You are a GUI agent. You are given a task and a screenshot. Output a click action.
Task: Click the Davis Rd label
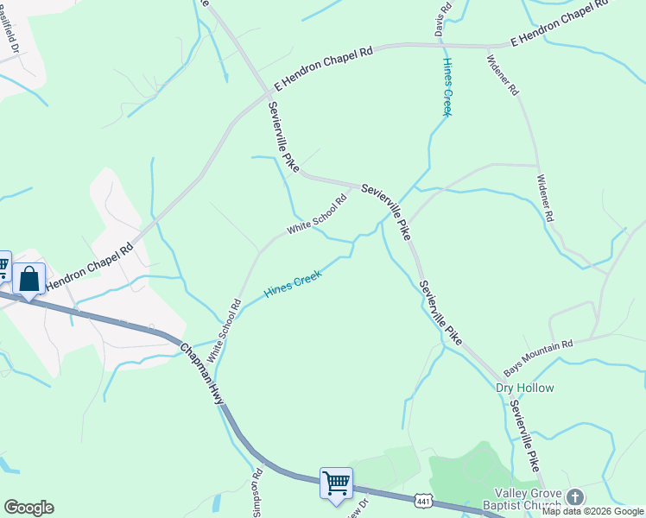pos(445,18)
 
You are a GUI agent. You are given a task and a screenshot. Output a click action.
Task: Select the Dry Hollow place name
pos(524,388)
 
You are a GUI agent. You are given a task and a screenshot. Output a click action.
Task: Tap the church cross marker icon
pos(576,496)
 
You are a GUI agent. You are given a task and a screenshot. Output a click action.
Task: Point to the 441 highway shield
pos(422,501)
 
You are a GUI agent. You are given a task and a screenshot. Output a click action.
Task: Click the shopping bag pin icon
pos(28,280)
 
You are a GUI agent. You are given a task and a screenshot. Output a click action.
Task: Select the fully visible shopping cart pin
pos(336,482)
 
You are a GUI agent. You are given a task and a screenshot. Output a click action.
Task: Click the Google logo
pos(28,508)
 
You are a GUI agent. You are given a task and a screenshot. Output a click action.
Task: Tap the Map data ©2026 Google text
pos(592,511)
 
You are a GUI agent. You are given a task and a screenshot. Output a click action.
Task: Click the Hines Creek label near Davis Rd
pos(446,86)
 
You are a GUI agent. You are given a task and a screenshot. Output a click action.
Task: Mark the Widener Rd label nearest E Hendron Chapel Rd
pos(502,75)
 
